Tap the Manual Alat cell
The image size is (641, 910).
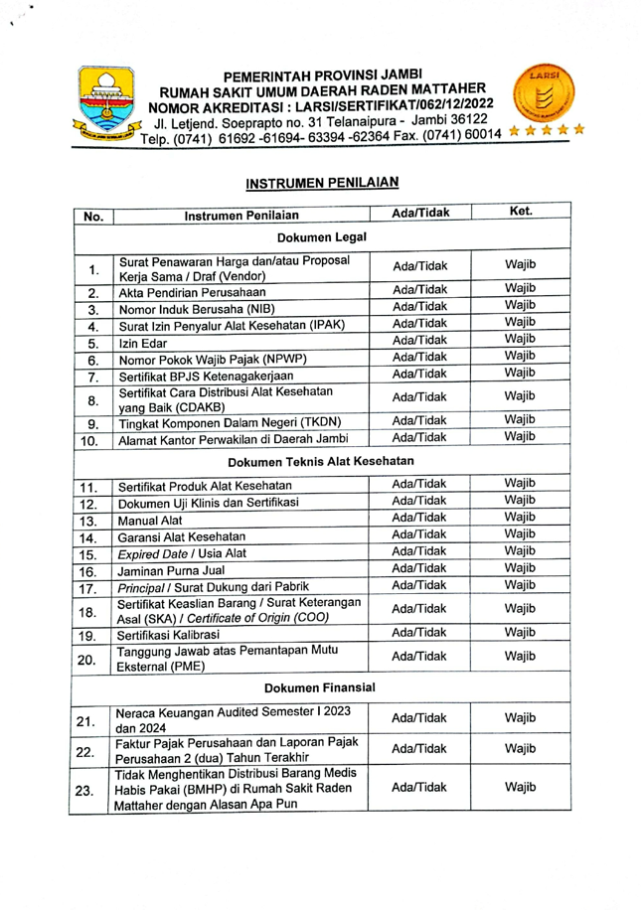click(x=145, y=520)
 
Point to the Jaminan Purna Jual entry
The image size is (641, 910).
click(x=169, y=571)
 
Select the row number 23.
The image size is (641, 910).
click(x=92, y=792)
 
